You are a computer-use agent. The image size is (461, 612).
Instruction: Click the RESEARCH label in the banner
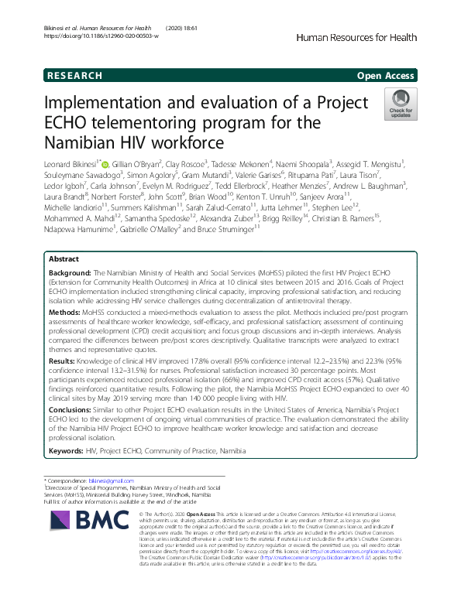coord(75,76)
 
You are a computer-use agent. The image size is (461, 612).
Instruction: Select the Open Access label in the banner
coord(387,76)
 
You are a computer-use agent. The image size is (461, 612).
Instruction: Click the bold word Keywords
coord(66,450)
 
